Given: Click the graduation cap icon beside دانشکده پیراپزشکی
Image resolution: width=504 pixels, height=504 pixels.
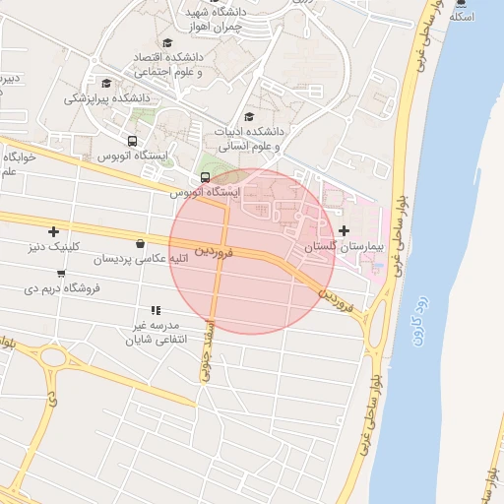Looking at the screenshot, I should (x=106, y=83).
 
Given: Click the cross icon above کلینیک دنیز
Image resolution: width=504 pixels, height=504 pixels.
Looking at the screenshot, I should (x=53, y=231).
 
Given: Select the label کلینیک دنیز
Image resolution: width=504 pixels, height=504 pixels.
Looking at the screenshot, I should (x=58, y=246).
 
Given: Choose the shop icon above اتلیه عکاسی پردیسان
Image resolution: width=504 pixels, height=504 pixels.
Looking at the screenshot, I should (x=140, y=243).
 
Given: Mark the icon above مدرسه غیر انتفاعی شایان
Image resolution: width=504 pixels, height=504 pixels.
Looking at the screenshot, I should (x=156, y=310).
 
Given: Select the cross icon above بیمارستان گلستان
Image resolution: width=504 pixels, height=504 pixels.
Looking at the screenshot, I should (x=343, y=230).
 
